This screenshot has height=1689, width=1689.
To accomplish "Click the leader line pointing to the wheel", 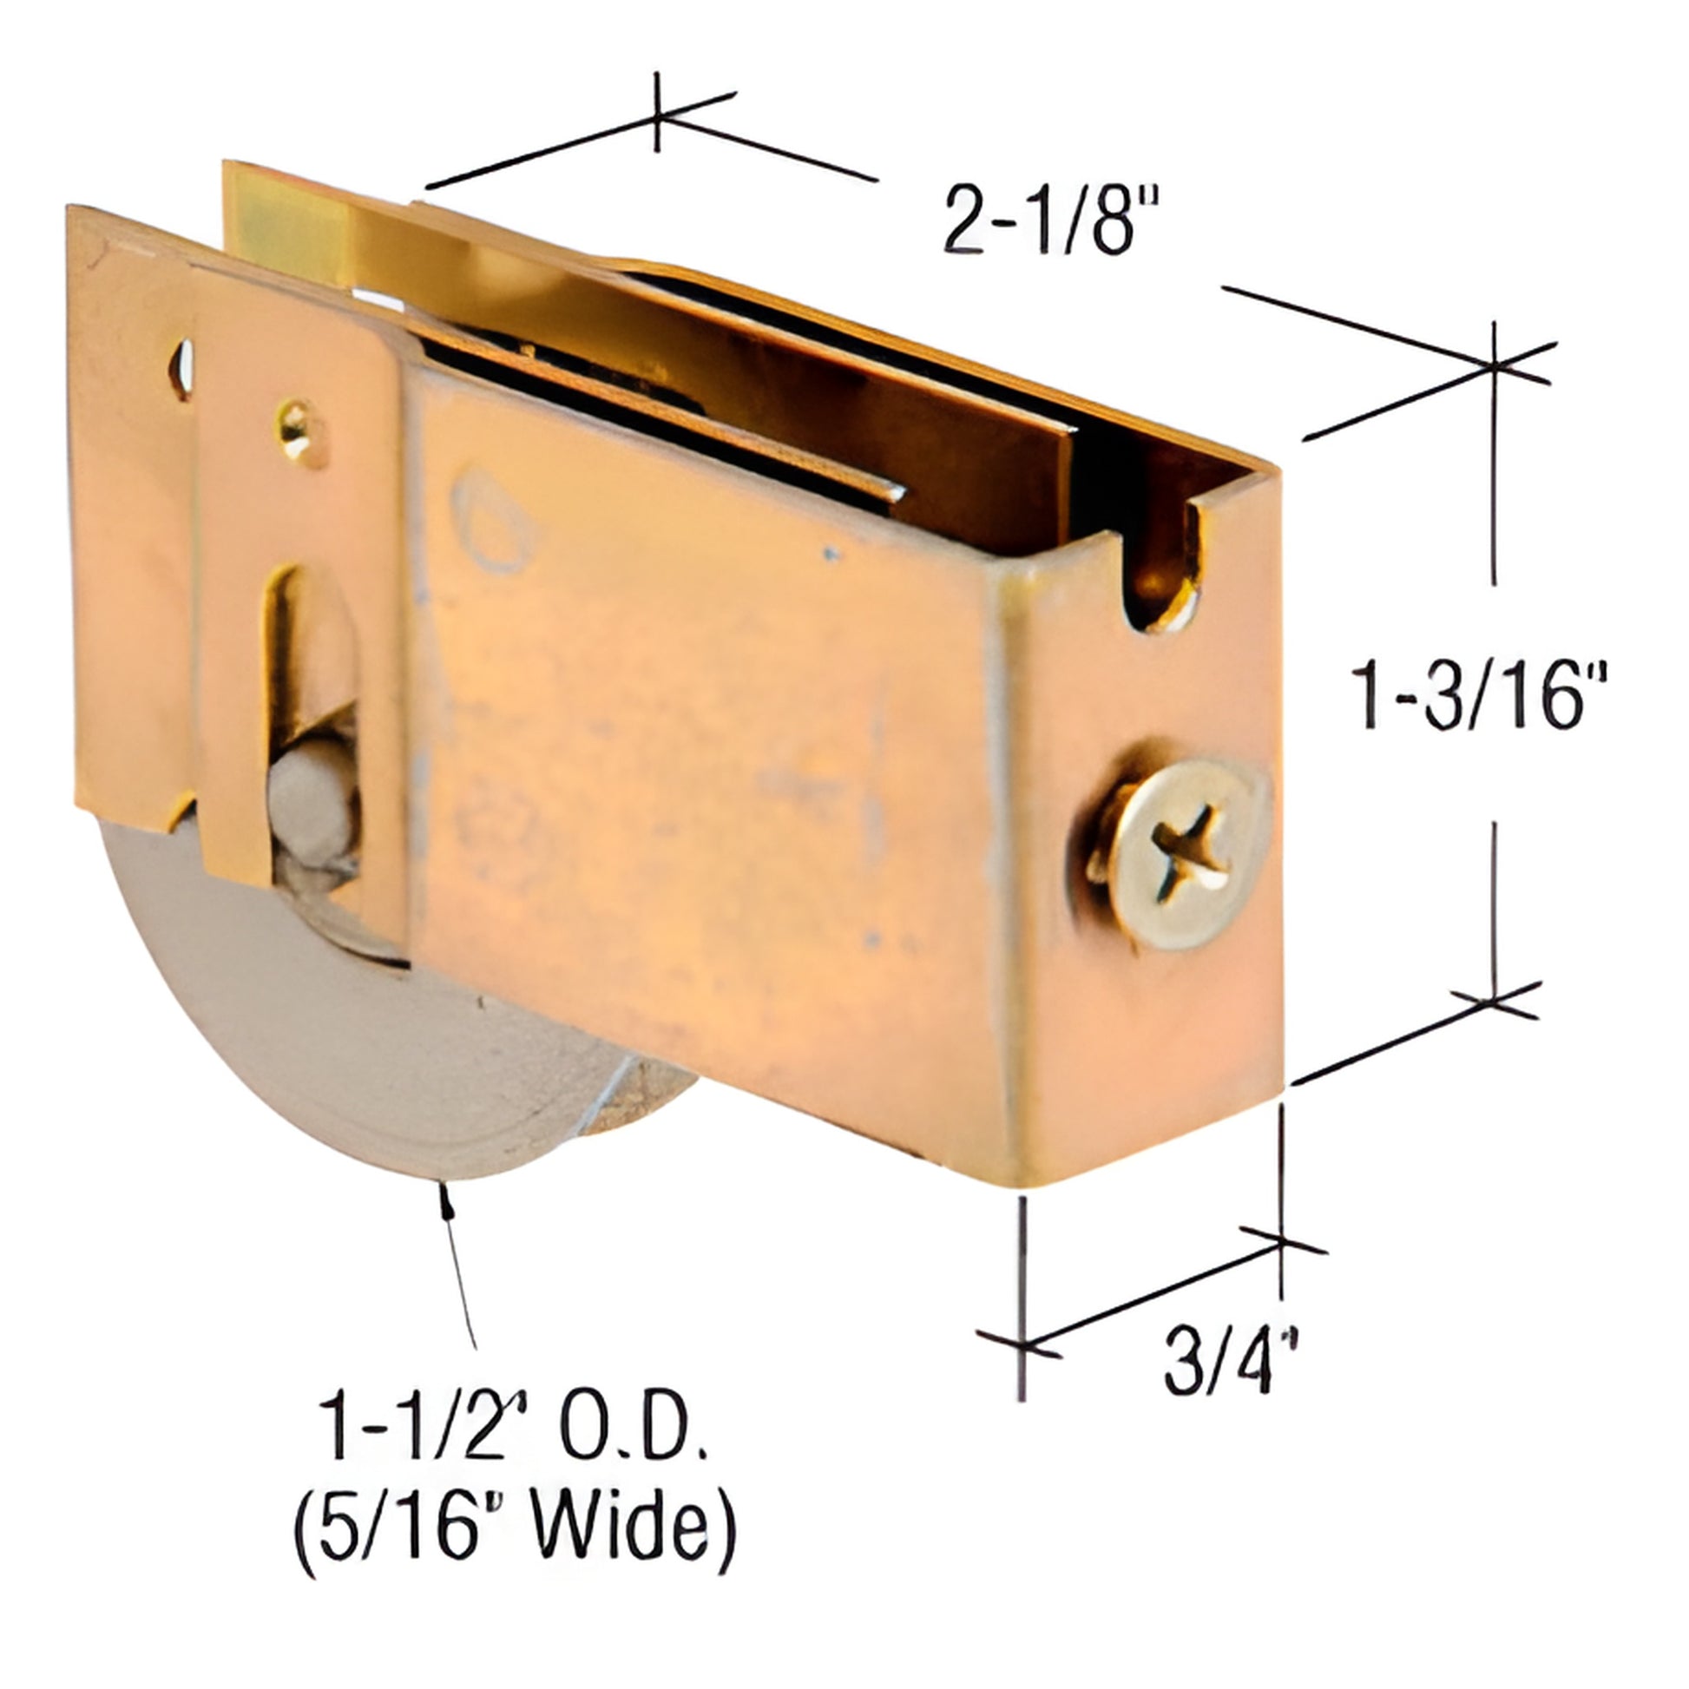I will click(x=461, y=1268).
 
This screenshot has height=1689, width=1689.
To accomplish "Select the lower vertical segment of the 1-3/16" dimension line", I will click(x=1493, y=910).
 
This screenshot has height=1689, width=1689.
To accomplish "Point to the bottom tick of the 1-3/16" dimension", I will click(x=1493, y=1002).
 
